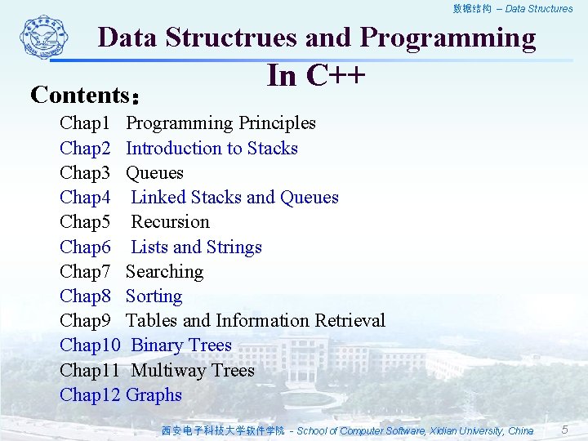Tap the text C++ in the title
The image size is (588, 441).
pyautogui.click(x=335, y=75)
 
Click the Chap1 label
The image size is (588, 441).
pyautogui.click(x=85, y=123)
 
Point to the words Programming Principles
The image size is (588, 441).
pyautogui.click(x=220, y=123)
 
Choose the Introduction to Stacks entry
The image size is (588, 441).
pyautogui.click(x=212, y=148)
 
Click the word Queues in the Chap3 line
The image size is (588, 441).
pyautogui.click(x=154, y=173)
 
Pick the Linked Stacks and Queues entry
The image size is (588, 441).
pyautogui.click(x=234, y=198)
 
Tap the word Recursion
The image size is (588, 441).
pyautogui.click(x=170, y=222)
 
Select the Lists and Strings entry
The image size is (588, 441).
pyautogui.click(x=196, y=247)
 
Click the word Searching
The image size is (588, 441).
pyautogui.click(x=164, y=272)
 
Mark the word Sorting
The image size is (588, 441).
pyautogui.click(x=154, y=296)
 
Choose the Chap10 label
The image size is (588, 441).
pyautogui.click(x=90, y=345)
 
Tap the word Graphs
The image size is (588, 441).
pyautogui.click(x=154, y=395)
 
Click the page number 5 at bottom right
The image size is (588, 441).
pyautogui.click(x=564, y=430)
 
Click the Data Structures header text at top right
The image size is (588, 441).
pyautogui.click(x=539, y=9)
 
